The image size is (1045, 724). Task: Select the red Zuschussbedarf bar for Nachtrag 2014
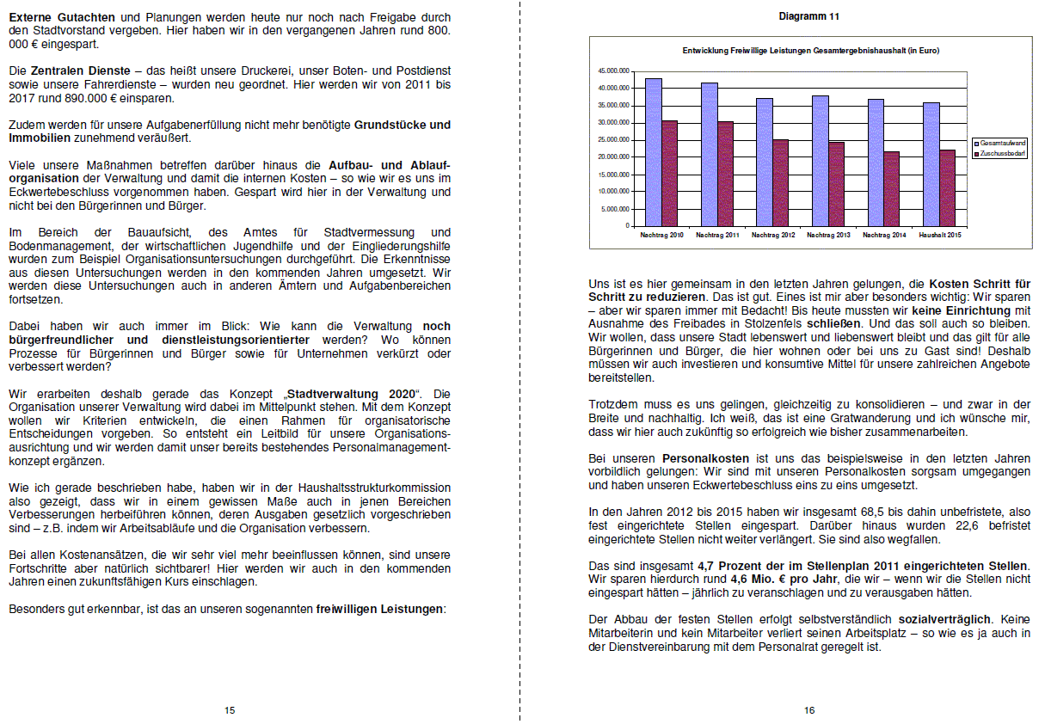click(892, 189)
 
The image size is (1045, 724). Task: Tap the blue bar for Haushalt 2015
click(931, 164)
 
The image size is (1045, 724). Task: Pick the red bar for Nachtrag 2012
click(780, 183)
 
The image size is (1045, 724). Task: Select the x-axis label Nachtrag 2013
click(827, 235)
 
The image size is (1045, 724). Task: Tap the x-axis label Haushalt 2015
click(940, 235)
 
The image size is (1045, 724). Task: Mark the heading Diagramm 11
click(809, 16)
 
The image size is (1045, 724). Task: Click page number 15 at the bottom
click(230, 710)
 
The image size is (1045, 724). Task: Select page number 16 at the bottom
click(809, 710)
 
